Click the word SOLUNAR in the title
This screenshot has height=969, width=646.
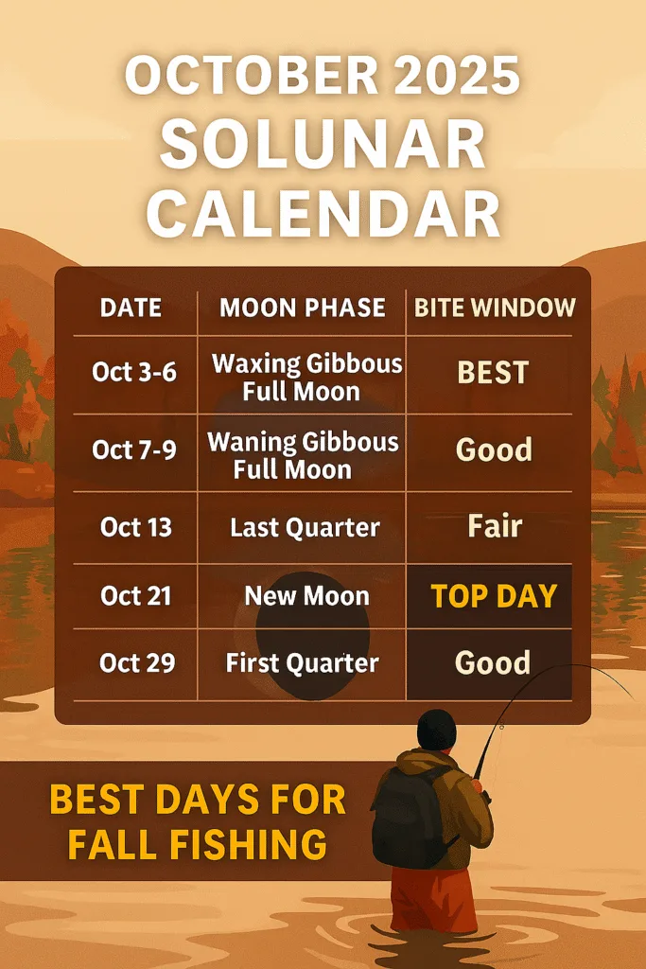coord(323,144)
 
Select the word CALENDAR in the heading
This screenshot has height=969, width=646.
coord(323,213)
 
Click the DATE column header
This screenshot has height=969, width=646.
coord(131,308)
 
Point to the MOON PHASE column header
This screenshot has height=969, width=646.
coord(303,308)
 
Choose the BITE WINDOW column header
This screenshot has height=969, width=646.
coord(495,308)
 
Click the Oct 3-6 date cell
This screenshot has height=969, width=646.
coord(134,372)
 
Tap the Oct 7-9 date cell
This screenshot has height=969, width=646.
coord(134,449)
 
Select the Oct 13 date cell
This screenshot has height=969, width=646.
coord(136,527)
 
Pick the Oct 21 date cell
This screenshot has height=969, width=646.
coord(136,596)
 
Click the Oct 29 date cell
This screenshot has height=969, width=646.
coord(137,662)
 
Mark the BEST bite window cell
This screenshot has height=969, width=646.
coord(493,373)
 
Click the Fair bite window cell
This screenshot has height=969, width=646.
coord(495,526)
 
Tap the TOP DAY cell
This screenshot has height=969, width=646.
coord(494,596)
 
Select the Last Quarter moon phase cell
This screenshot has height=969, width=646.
coord(306,528)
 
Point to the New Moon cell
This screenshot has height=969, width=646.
coord(307,596)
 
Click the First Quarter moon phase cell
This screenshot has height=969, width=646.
coord(302,663)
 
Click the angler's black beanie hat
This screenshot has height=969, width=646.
coord(437,730)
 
